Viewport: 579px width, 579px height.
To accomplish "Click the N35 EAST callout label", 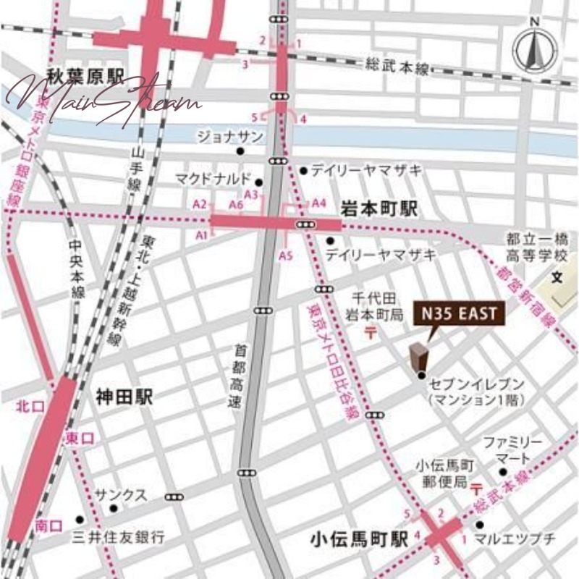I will [455, 314].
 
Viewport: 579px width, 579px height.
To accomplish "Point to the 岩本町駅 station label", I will [379, 209].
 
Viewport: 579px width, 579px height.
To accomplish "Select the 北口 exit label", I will [26, 407].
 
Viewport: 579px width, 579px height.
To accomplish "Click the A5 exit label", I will [286, 255].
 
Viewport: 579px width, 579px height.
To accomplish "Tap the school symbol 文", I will [557, 277].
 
